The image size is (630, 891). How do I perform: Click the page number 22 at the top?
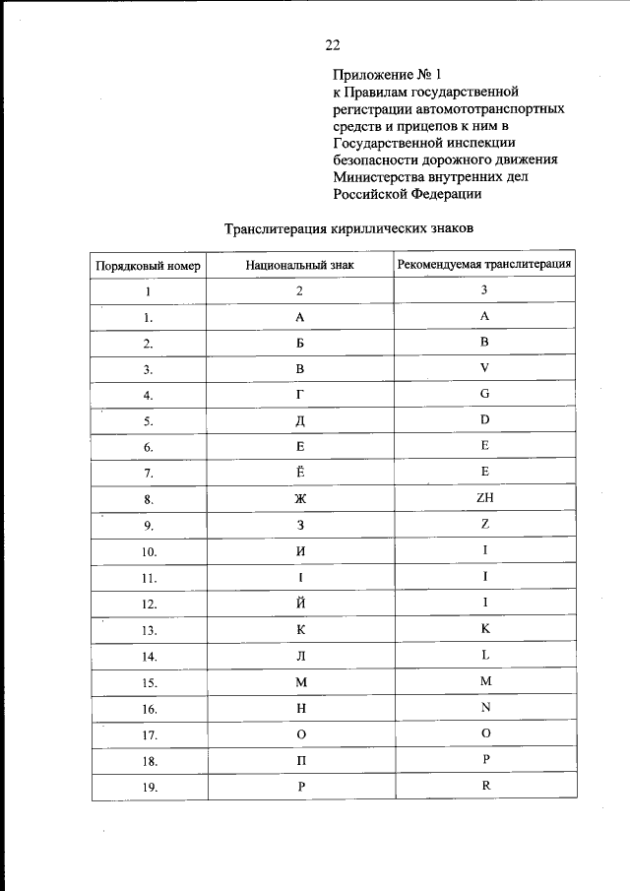click(332, 43)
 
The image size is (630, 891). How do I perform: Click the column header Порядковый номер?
click(148, 266)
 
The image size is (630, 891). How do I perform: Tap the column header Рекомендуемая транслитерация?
click(484, 264)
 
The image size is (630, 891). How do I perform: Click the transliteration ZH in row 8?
click(484, 498)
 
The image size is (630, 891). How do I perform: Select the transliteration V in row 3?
click(485, 368)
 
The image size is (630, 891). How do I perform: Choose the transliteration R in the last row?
click(485, 786)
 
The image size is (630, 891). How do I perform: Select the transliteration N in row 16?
click(485, 707)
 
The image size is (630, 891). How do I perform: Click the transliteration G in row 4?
click(485, 394)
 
